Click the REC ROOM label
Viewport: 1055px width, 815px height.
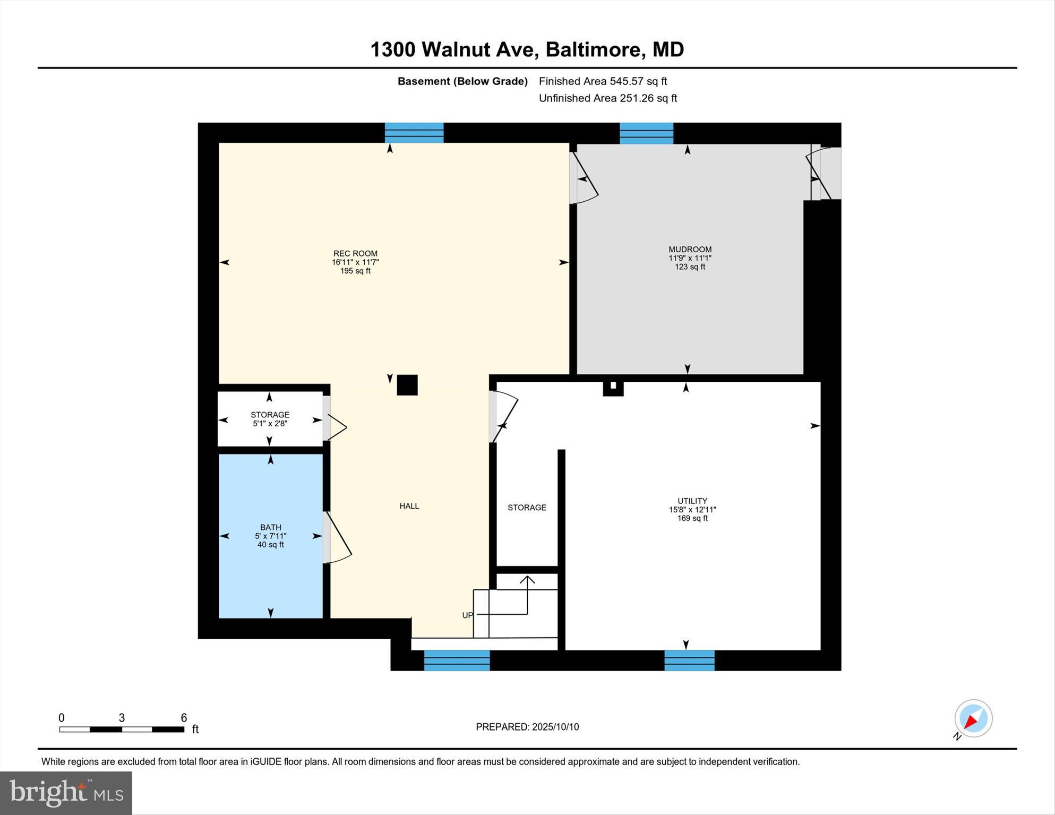coord(355,254)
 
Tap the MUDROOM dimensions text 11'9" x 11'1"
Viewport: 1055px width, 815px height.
coord(690,258)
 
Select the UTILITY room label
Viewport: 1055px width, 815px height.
coord(692,501)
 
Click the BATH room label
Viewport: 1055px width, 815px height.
coord(270,527)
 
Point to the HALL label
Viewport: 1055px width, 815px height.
coord(409,506)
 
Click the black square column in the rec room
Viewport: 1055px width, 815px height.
coord(407,385)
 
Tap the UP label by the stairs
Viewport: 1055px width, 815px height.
coord(467,615)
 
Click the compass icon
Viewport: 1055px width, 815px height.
coord(973,718)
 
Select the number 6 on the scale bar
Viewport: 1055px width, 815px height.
coord(184,718)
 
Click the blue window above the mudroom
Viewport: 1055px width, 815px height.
coord(646,133)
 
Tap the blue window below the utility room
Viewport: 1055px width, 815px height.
coord(689,660)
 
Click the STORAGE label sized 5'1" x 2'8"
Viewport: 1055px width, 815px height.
coord(270,415)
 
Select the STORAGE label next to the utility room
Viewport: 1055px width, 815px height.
coord(527,508)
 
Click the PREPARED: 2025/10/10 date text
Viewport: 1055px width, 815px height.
coord(527,727)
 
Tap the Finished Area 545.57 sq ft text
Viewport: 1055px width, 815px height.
coord(603,81)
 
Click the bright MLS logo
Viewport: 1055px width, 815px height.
coord(66,793)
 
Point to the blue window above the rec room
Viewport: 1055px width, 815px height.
coord(414,133)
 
